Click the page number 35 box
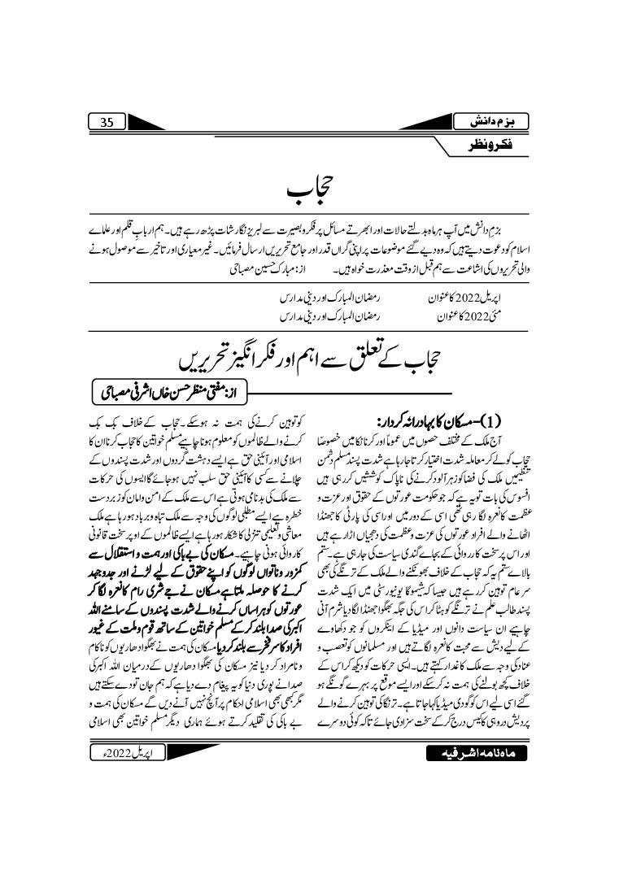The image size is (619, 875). (x=107, y=122)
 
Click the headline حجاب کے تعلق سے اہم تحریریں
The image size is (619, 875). (x=308, y=359)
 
